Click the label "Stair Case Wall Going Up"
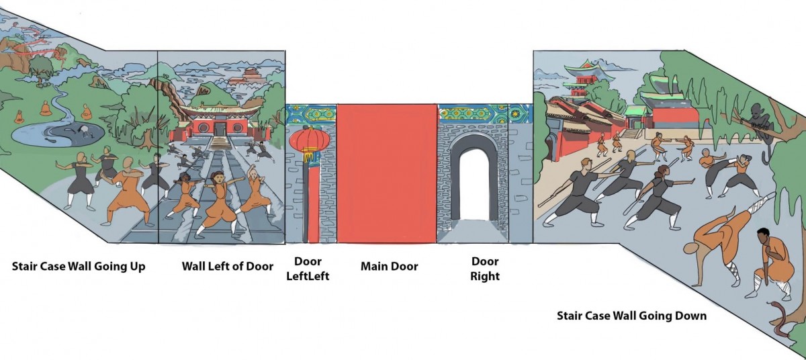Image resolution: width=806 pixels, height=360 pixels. (x=79, y=267)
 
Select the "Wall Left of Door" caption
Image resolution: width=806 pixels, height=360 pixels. (x=227, y=267)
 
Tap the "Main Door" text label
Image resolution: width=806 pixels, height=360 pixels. (x=389, y=267)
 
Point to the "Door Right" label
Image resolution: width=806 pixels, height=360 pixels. (x=485, y=268)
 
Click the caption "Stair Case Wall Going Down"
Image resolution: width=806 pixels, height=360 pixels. (x=632, y=315)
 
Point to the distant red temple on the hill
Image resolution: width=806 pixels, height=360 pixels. (x=250, y=74)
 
